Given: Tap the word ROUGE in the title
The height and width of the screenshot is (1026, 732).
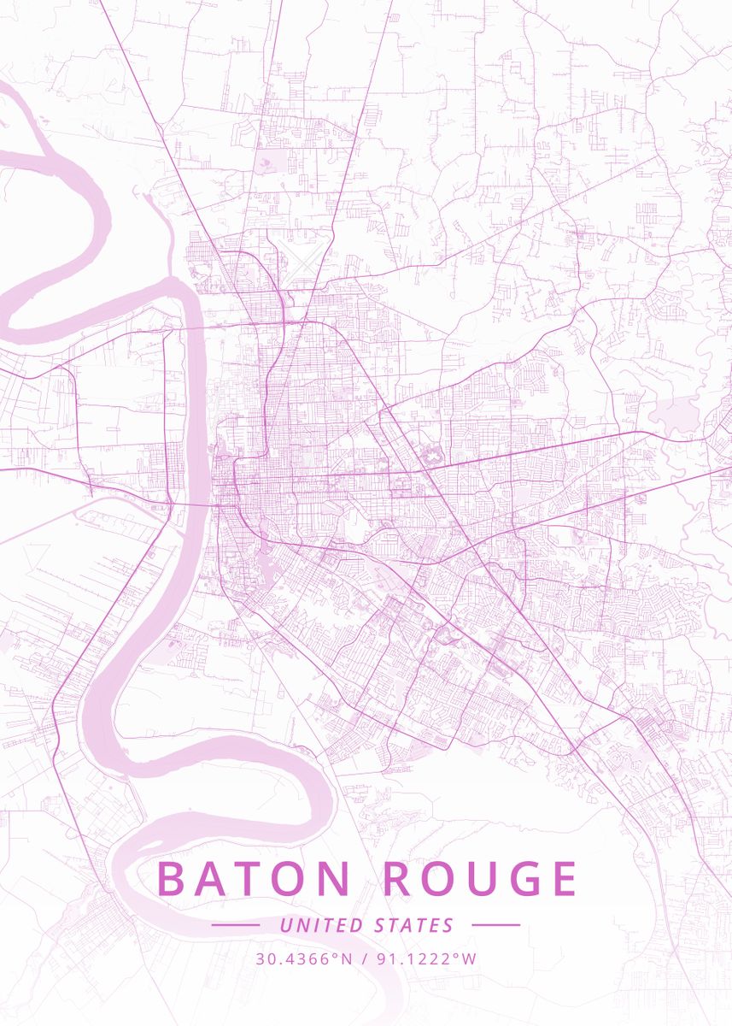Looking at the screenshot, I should (479, 879).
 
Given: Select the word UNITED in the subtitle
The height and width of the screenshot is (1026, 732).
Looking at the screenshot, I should (321, 925).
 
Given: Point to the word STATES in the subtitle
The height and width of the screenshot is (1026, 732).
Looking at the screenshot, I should (414, 925).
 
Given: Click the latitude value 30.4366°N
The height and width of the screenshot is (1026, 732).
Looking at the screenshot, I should (303, 958).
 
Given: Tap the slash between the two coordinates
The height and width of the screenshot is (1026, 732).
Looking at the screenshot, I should (366, 958).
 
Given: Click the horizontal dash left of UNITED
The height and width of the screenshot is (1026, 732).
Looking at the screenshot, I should (235, 925).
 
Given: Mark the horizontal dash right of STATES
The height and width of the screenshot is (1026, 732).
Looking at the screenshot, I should (495, 925).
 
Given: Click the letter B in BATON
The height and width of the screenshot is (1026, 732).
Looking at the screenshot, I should (172, 879).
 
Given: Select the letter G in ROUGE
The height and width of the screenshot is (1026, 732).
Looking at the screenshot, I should (520, 879).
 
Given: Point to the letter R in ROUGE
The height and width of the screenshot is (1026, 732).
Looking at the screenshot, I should (395, 879).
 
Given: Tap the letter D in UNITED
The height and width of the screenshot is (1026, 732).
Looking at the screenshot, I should (357, 925).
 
